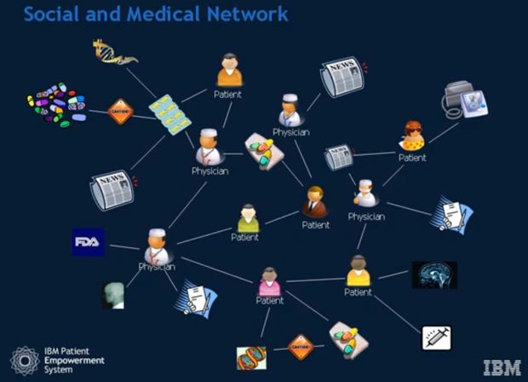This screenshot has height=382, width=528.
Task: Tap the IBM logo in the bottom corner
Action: point(502,368)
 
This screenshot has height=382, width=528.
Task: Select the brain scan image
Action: point(434,275)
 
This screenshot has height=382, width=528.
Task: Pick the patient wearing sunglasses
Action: point(413,137)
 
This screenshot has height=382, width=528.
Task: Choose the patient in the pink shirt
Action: point(269,281)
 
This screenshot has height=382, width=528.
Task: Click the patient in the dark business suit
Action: point(315,203)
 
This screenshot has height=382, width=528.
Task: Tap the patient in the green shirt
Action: point(247,218)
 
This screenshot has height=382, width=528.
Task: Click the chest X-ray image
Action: point(112,295)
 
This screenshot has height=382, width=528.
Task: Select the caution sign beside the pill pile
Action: point(121,112)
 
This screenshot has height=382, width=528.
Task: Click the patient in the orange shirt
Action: point(229,72)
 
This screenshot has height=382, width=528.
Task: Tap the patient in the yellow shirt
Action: point(359,271)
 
